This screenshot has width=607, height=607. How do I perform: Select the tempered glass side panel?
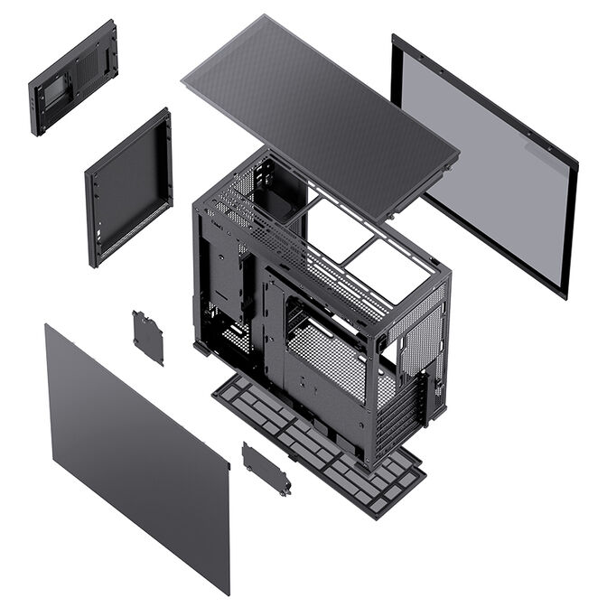(x=488, y=163)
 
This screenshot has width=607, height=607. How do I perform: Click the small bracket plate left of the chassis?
(x=147, y=337)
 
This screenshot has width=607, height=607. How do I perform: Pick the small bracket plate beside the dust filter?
(x=266, y=468)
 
